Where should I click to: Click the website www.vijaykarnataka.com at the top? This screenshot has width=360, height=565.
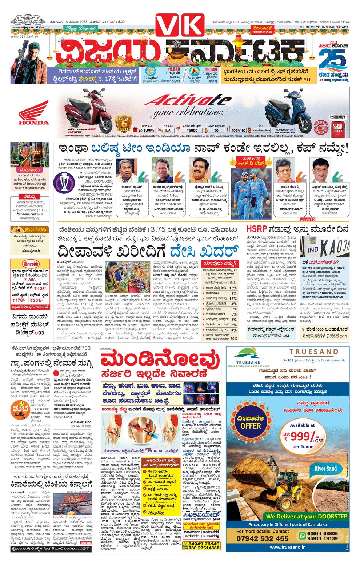click(32, 27)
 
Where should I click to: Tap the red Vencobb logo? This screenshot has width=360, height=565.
click(31, 264)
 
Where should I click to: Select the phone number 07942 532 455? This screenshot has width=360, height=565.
click(262, 538)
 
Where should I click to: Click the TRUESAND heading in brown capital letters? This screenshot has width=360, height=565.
click(313, 352)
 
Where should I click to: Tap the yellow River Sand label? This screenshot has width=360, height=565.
click(325, 469)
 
